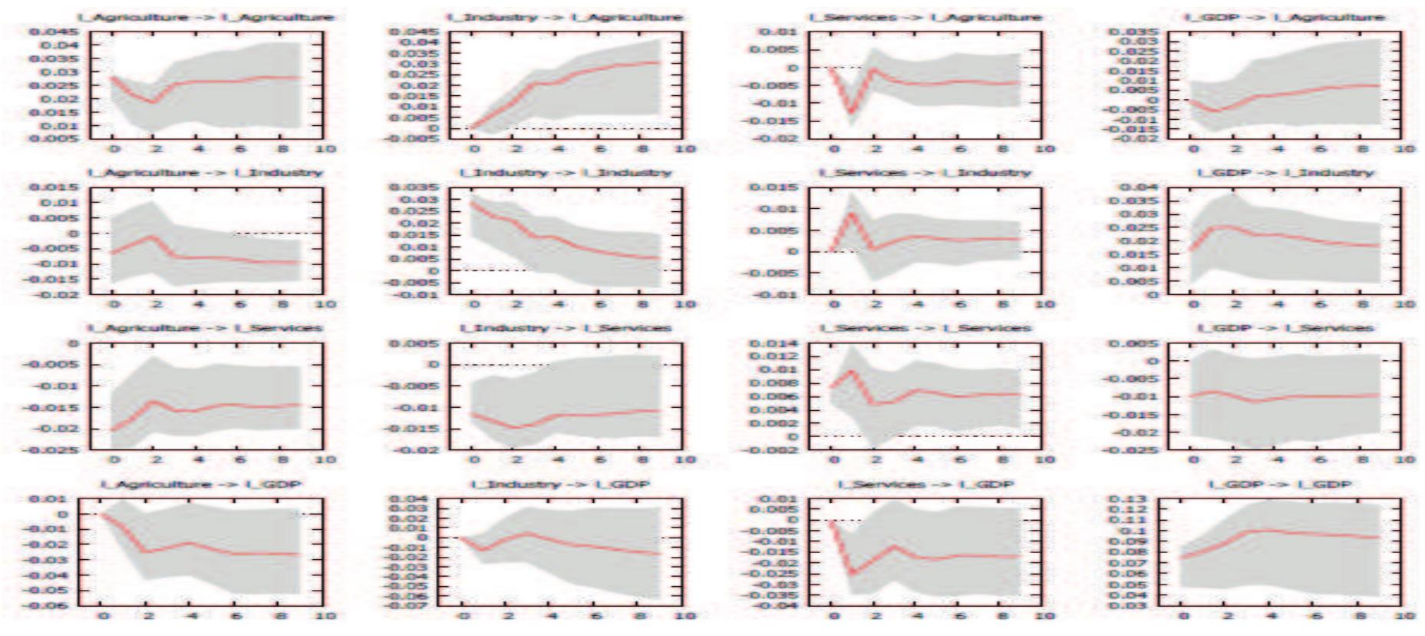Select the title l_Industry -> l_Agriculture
pyautogui.click(x=566, y=17)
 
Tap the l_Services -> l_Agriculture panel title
pyautogui.click(x=925, y=17)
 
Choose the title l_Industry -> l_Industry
pyautogui.click(x=566, y=173)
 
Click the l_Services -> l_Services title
pyautogui.click(x=925, y=328)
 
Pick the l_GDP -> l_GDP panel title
pyautogui.click(x=1280, y=484)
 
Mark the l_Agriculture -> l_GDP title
pyautogui.click(x=202, y=484)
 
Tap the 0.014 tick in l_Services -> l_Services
pyautogui.click(x=778, y=343)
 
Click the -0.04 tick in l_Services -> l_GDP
pyautogui.click(x=777, y=605)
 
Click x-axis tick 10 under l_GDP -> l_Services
pyautogui.click(x=1404, y=459)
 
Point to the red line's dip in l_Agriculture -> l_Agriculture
pyautogui.click(x=153, y=101)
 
